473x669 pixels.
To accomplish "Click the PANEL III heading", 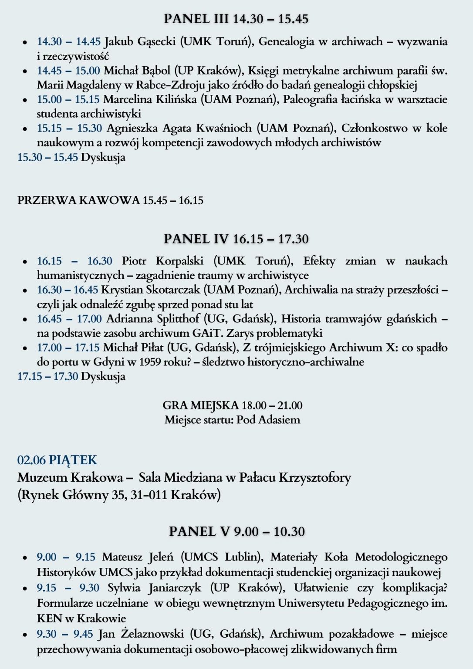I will [x=236, y=19].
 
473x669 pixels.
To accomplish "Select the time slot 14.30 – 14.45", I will [x=69, y=41].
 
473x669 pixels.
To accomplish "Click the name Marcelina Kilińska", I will [x=150, y=99].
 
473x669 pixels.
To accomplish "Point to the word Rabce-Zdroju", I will [x=161, y=85].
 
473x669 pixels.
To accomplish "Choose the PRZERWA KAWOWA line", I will [x=110, y=200].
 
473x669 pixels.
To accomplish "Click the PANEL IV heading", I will [x=236, y=239].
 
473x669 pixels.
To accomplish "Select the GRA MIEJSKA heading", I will [x=233, y=405].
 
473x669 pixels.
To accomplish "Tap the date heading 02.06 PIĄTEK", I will [x=57, y=460].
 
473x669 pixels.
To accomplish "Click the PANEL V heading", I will [x=236, y=531].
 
